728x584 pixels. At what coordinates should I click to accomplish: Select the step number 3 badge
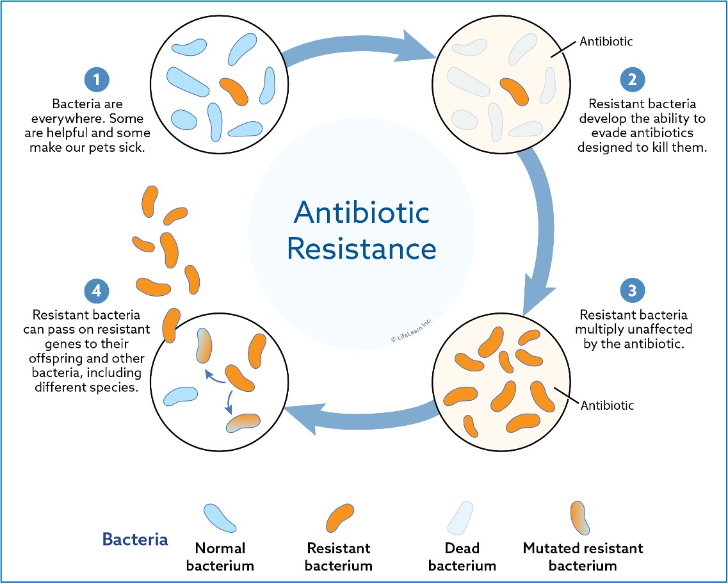point(632,290)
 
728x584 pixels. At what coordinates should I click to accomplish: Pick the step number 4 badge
point(97,290)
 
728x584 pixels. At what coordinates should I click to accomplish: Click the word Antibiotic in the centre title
point(361,213)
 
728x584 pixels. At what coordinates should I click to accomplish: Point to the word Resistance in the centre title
point(362,248)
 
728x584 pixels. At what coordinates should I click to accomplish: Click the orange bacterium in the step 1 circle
point(234,92)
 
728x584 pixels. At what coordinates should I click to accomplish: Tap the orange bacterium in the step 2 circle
point(514,92)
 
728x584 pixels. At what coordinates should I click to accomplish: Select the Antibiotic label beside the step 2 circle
point(606,42)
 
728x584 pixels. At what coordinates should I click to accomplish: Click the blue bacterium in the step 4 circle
point(180,396)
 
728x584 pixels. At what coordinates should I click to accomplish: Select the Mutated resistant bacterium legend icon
point(580,518)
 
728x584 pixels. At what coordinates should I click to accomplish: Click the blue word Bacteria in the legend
point(135,539)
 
